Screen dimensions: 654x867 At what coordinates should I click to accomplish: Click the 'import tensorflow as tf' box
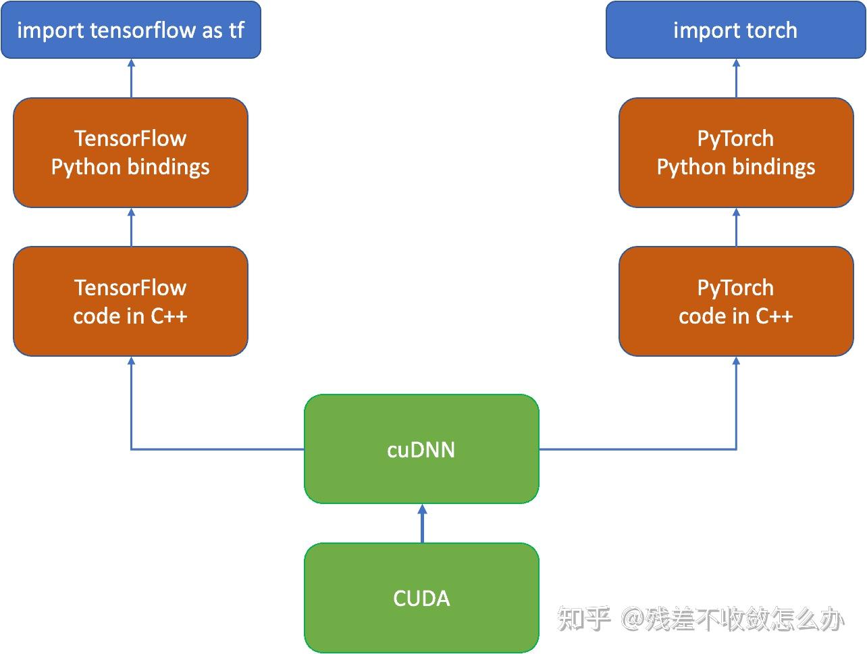[x=130, y=30]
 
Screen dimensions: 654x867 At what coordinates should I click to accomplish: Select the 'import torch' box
[x=735, y=30]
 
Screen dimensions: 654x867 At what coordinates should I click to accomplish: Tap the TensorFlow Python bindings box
[x=130, y=153]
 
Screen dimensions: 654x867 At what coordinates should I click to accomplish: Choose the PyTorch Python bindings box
[x=735, y=153]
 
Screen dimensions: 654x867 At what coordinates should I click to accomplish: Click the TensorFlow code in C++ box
[x=130, y=301]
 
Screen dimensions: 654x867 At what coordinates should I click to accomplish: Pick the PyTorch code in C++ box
[x=735, y=301]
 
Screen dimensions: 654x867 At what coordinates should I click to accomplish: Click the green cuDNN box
[x=421, y=449]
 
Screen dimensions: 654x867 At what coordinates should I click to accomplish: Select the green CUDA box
[x=421, y=598]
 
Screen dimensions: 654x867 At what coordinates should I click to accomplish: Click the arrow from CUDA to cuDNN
[x=422, y=524]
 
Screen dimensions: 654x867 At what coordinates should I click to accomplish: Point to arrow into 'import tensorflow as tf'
[x=131, y=78]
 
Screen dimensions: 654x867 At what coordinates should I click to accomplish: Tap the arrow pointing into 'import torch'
[x=736, y=78]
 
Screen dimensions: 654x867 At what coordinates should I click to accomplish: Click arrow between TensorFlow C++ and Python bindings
[x=131, y=227]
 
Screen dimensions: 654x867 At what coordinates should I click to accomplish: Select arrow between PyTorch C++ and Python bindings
[x=736, y=227]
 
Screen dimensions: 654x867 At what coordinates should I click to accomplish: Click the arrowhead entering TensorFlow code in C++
[x=131, y=361]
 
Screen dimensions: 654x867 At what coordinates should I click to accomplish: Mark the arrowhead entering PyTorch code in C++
[x=736, y=361]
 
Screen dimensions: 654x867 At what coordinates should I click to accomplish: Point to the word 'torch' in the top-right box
[x=766, y=30]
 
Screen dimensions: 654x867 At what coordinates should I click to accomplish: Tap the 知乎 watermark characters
[x=584, y=618]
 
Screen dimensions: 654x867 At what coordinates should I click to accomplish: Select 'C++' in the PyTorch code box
[x=774, y=316]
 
